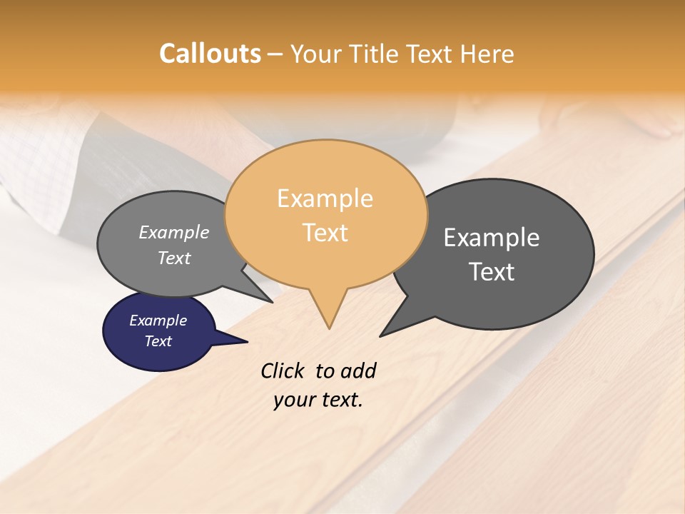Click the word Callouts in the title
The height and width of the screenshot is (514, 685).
click(x=210, y=54)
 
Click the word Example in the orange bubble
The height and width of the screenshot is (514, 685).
click(x=325, y=198)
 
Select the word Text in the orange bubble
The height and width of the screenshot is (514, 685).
click(x=325, y=233)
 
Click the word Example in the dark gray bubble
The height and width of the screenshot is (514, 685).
click(x=492, y=238)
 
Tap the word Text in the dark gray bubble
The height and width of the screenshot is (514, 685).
click(x=492, y=272)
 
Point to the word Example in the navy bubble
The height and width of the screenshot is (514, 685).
click(x=158, y=321)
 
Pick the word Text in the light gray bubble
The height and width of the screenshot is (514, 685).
click(x=174, y=258)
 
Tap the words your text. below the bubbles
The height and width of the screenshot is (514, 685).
click(x=318, y=400)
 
